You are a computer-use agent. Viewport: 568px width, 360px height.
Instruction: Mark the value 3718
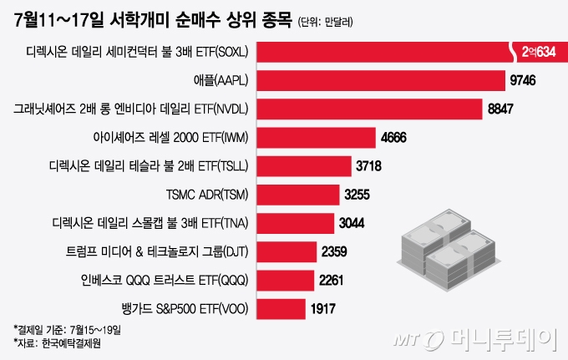(368, 165)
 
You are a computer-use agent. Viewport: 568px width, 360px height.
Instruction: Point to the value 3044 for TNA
(352, 222)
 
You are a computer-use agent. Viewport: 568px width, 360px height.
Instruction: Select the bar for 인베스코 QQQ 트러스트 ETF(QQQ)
(285, 279)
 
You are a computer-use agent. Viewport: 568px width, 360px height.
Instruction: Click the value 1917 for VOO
(322, 307)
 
